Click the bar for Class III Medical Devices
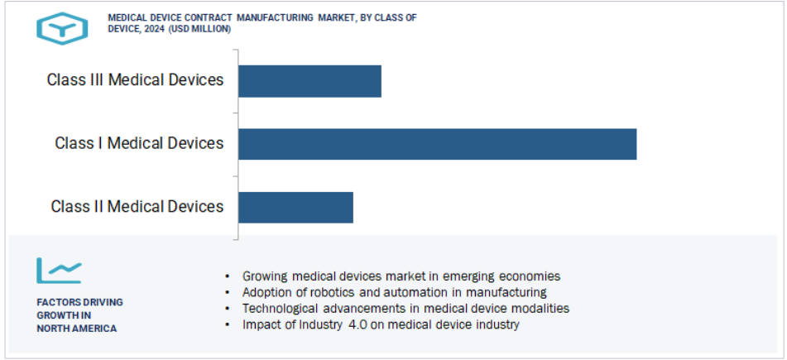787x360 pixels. pyautogui.click(x=310, y=81)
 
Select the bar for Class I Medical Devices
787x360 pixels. pyautogui.click(x=437, y=144)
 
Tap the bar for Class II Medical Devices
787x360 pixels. pyautogui.click(x=295, y=207)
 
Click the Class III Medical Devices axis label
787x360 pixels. pyautogui.click(x=135, y=80)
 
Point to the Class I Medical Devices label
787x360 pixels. pyautogui.click(x=139, y=143)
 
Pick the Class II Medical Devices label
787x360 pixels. pyautogui.click(x=137, y=206)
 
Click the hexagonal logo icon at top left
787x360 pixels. pyautogui.click(x=61, y=28)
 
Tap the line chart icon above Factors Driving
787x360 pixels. pyautogui.click(x=58, y=271)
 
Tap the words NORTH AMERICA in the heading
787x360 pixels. pyautogui.click(x=76, y=329)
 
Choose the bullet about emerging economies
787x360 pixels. pyautogui.click(x=401, y=276)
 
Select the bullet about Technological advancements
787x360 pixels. pyautogui.click(x=405, y=309)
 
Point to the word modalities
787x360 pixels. pyautogui.click(x=540, y=309)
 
